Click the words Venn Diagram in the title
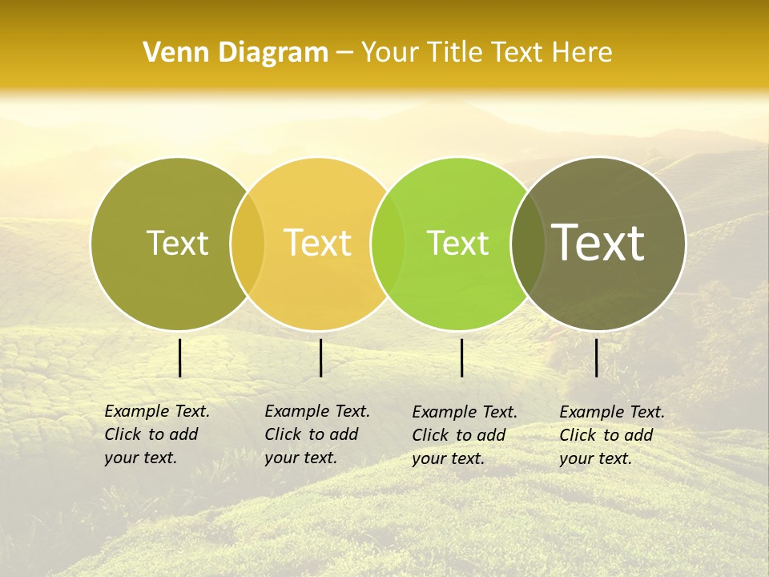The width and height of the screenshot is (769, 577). pos(236,53)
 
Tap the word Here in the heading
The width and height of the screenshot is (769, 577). pos(582,53)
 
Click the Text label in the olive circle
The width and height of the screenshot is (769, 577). pos(177,243)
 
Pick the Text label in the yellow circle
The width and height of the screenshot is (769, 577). pos(317,243)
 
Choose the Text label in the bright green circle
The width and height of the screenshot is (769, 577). pos(457,243)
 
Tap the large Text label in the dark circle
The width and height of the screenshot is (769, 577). pos(598,243)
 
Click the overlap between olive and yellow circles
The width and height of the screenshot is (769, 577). pos(248,244)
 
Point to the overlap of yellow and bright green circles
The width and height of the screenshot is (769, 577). pos(388,244)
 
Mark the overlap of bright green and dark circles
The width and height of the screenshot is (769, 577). pos(527,244)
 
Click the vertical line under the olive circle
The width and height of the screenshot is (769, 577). pos(179,357)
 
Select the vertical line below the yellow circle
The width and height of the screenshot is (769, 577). pos(320,357)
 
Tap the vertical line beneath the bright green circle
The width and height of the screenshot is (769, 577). pos(461,357)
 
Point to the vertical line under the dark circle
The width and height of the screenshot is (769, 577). pos(596,357)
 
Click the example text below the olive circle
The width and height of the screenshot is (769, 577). pos(156,434)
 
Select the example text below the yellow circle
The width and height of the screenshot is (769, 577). pos(316,434)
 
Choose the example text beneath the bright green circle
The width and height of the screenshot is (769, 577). pos(464,435)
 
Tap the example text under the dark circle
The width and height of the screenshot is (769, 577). pos(611,435)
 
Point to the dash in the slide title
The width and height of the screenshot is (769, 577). pos(344,54)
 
